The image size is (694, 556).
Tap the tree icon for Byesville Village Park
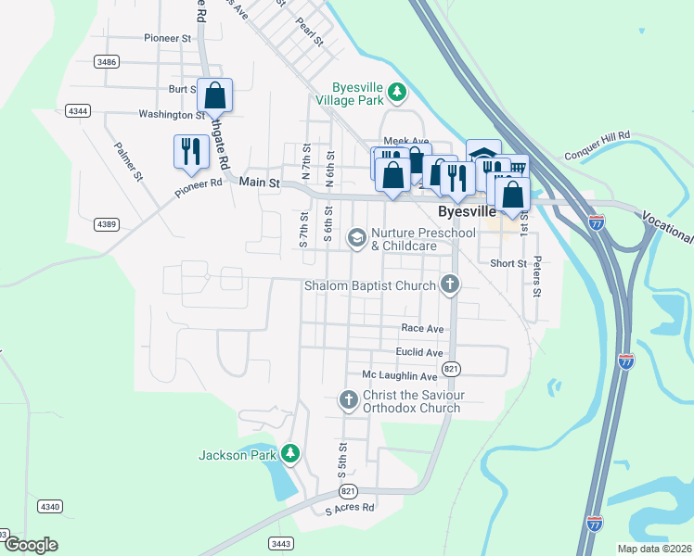[397, 91]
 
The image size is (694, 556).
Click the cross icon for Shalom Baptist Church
[450, 284]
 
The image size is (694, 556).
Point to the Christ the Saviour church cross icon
[348, 400]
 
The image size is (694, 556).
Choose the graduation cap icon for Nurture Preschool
[356, 238]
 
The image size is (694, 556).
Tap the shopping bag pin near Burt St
[214, 95]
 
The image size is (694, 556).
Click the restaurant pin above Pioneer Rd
[191, 151]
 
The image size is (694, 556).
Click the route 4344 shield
[79, 111]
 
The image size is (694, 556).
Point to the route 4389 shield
[106, 224]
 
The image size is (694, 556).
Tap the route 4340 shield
[50, 507]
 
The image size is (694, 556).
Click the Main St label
[259, 183]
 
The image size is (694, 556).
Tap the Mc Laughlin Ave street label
[399, 376]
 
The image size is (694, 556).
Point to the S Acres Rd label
[349, 508]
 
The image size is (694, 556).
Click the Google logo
[30, 545]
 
